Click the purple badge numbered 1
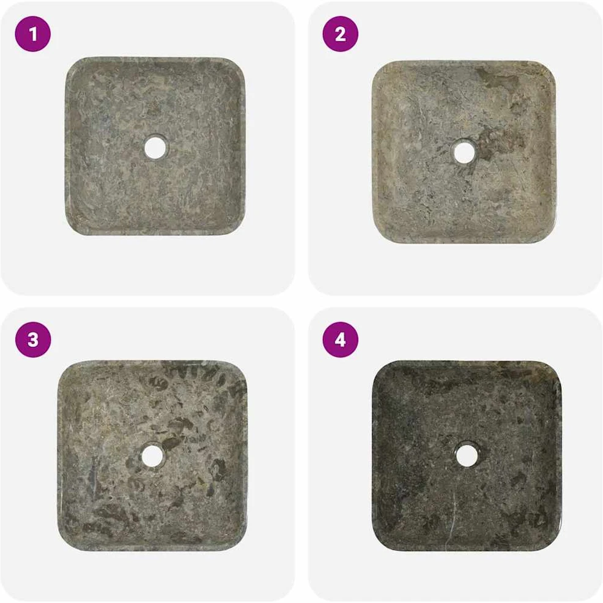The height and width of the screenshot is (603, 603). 32,34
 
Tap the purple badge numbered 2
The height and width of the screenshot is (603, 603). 341,34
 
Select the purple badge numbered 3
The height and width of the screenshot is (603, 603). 32,339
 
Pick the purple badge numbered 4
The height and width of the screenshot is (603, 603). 341,339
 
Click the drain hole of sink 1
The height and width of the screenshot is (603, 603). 155,146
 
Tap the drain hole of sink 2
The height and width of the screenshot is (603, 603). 464,152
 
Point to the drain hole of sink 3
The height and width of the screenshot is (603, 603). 152,456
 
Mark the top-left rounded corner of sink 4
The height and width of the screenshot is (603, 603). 382,370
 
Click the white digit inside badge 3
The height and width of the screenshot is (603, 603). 32,340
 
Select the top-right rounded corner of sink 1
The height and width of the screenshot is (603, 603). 235,67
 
